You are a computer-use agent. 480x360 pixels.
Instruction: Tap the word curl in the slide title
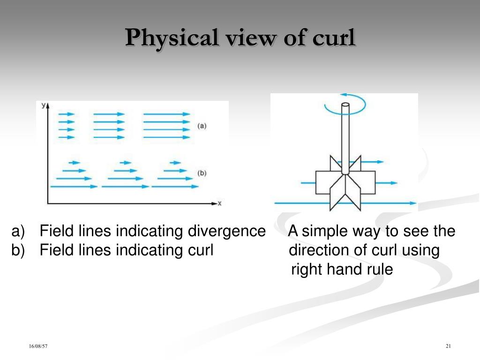point(335,37)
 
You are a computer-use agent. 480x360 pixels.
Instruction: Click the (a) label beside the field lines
point(202,126)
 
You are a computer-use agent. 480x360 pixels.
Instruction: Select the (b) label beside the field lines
point(202,173)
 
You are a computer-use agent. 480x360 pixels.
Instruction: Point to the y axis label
point(44,105)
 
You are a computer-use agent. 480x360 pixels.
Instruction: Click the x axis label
point(219,203)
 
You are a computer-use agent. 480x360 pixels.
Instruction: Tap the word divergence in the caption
point(226,231)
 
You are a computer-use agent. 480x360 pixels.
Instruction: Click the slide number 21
point(448,346)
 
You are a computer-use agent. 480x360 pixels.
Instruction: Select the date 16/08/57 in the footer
point(38,346)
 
